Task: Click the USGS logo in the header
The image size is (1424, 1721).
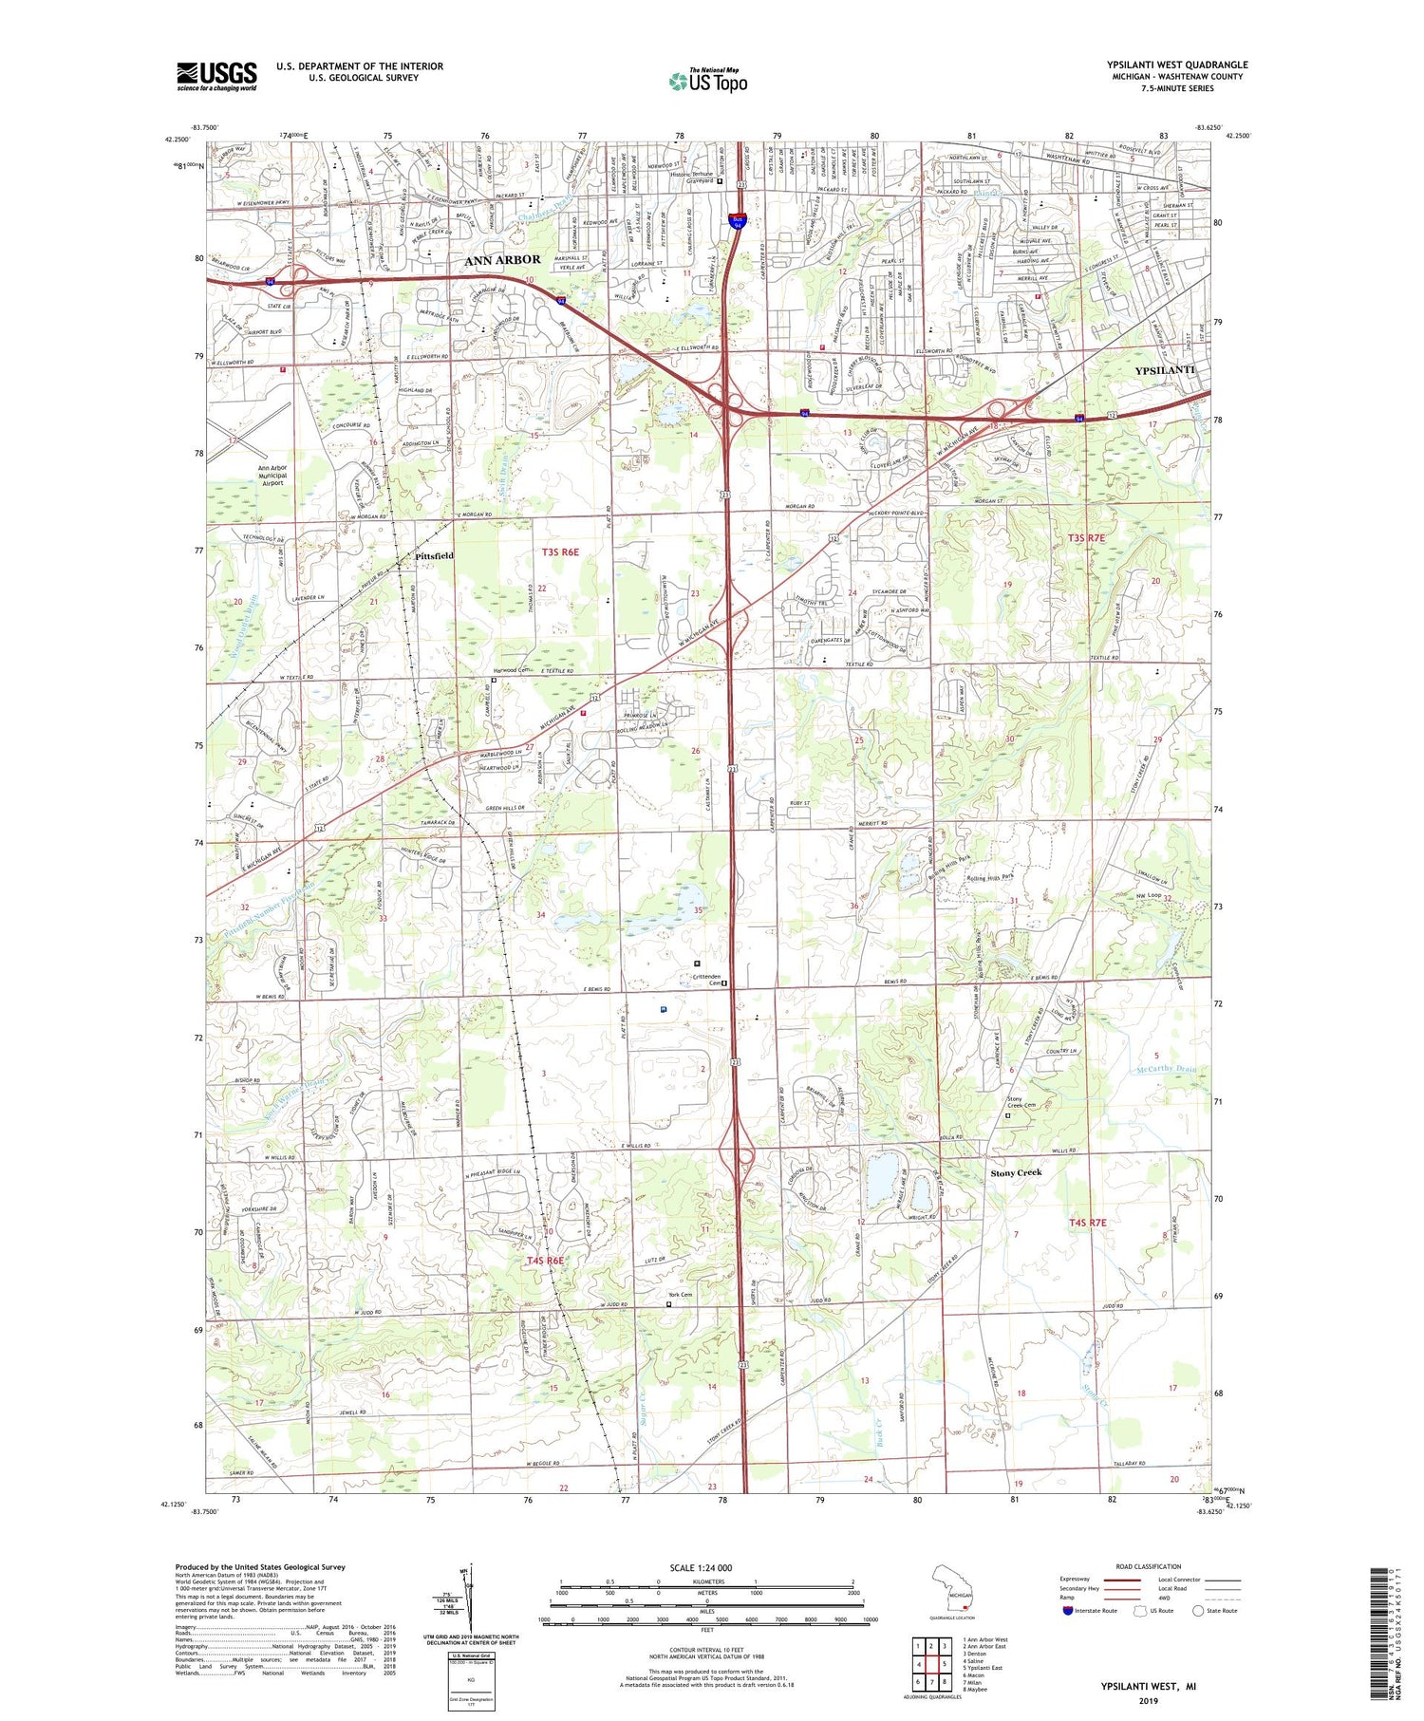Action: coord(216,76)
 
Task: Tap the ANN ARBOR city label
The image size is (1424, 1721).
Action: coord(502,259)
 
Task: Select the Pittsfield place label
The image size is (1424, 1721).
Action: coord(434,555)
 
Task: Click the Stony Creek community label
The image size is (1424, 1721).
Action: coord(1016,1172)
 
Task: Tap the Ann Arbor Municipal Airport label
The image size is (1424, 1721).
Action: coord(272,475)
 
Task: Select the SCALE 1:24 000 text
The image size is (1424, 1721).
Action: coord(706,1567)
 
